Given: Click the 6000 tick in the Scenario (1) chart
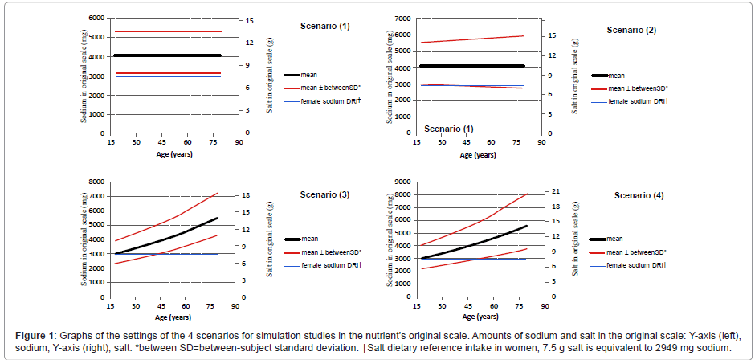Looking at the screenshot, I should tap(97, 18).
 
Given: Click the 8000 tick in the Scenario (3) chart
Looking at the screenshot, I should tap(96, 182).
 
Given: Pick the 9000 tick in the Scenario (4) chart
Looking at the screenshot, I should tap(402, 182).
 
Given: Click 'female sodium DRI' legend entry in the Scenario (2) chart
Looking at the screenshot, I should tap(639, 101).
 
